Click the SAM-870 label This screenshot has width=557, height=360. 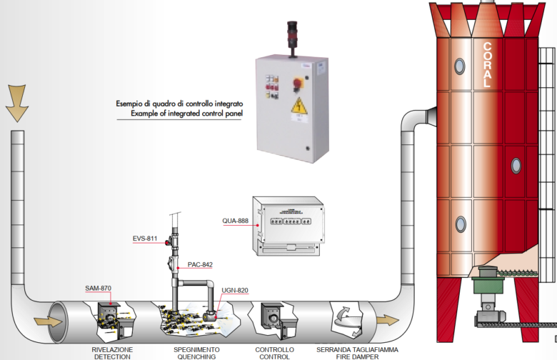pos(99,288)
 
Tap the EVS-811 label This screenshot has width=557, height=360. pos(145,238)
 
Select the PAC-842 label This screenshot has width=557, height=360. pos(201,264)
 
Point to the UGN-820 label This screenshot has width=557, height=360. pos(235,290)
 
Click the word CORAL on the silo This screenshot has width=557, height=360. pos(488,64)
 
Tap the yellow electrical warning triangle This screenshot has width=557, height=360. pos(296,109)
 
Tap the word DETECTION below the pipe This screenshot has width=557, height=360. pos(111,356)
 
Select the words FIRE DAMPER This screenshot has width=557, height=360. pos(357,356)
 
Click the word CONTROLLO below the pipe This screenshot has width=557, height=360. pos(274,349)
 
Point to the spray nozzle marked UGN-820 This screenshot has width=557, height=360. pos(211,315)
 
